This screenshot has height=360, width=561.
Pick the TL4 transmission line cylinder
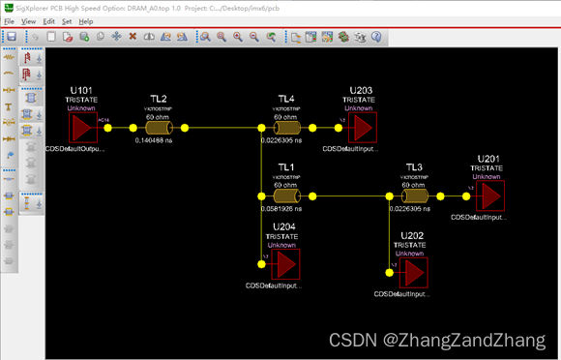click(286, 129)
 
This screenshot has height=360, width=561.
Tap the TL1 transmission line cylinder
click(286, 196)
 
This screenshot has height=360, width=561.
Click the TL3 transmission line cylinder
click(415, 196)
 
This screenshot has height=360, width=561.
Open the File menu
click(10, 20)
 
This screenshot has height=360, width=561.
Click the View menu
click(29, 20)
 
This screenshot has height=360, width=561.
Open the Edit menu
click(48, 20)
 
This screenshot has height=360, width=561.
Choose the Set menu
click(66, 20)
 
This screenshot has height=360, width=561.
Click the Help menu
click(86, 20)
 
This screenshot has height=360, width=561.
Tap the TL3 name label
click(415, 166)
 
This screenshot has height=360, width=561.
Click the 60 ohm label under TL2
click(159, 116)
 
